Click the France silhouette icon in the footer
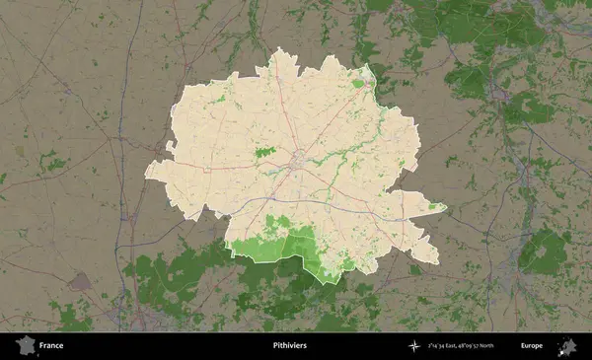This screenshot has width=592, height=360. [26, 345]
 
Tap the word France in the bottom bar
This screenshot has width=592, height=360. [51, 346]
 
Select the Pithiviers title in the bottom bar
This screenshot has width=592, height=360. [289, 346]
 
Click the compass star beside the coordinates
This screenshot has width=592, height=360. [413, 346]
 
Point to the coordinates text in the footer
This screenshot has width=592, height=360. [461, 346]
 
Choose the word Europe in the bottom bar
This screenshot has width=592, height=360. [532, 346]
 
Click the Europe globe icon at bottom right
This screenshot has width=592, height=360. [567, 345]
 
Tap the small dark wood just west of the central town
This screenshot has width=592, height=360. [263, 153]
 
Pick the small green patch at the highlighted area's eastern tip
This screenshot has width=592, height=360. [435, 206]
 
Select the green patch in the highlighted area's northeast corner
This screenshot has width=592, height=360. [358, 83]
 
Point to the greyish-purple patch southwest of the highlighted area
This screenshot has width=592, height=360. [80, 281]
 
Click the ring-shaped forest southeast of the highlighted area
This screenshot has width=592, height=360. [544, 252]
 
